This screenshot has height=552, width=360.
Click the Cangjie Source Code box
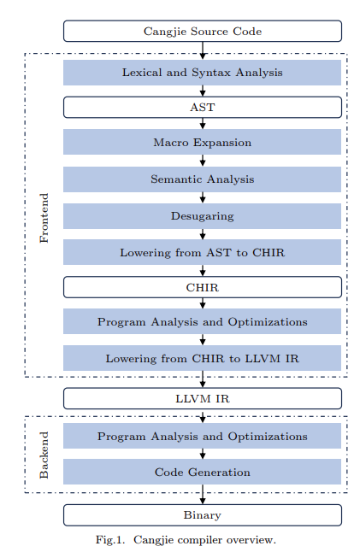202,32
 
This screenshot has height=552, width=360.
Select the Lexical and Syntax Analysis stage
202,72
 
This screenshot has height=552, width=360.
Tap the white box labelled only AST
202,107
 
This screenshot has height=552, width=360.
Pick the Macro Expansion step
202,142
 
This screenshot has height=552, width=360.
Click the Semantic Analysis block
202,179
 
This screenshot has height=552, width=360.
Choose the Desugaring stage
202,216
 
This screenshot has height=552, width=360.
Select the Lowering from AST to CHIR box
202,253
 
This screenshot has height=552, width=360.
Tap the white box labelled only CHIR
202,287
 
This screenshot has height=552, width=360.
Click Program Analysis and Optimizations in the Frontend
202,322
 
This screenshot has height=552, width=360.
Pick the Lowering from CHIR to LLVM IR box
202,358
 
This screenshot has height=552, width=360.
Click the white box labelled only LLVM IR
202,398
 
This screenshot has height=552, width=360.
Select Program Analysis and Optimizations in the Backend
202,436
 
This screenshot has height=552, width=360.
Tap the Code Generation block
202,472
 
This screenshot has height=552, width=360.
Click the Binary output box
202,514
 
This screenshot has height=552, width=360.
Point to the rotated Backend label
44,455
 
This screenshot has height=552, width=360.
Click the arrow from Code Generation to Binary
203,494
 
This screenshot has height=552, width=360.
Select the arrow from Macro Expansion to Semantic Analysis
203,161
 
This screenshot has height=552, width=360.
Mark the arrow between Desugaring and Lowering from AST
203,234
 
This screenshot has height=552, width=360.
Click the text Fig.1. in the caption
111,539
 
